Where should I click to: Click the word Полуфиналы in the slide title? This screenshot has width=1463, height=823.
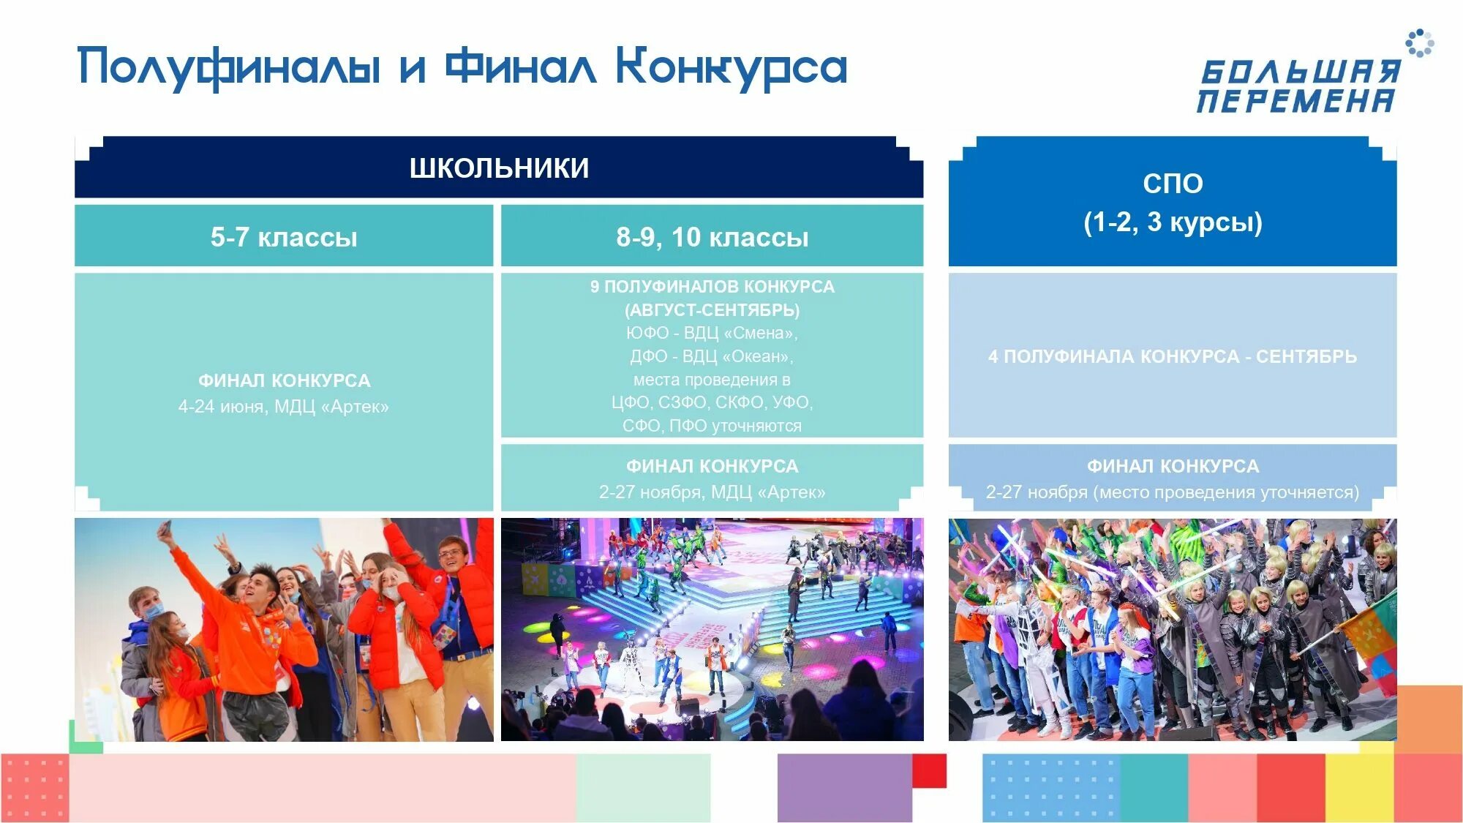229,68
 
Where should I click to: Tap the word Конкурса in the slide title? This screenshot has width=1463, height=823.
731,68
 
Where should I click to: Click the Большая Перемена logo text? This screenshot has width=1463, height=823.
1298,86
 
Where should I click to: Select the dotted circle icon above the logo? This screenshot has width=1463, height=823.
1419,42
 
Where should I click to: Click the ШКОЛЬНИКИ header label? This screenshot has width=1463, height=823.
499,168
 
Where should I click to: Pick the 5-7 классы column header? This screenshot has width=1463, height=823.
284,237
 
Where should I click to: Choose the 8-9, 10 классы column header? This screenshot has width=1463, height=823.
712,237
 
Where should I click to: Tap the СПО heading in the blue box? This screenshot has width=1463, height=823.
1173,184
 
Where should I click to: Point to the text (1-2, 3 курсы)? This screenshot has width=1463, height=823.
1173,222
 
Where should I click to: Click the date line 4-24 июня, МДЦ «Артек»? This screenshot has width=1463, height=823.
284,407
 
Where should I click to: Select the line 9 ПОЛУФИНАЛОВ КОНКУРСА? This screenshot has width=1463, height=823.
712,287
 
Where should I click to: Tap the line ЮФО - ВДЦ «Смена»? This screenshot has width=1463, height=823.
712,333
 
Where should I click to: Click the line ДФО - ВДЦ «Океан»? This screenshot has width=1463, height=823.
712,356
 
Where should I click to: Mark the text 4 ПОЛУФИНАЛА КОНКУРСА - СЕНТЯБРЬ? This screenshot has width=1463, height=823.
1173,356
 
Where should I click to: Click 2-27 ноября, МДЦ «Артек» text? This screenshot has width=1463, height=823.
712,492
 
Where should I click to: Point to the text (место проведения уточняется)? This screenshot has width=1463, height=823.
1226,492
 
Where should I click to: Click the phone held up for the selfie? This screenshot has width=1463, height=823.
165,527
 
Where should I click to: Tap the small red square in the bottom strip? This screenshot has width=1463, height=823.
929,770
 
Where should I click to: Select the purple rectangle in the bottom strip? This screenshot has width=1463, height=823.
844,788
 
